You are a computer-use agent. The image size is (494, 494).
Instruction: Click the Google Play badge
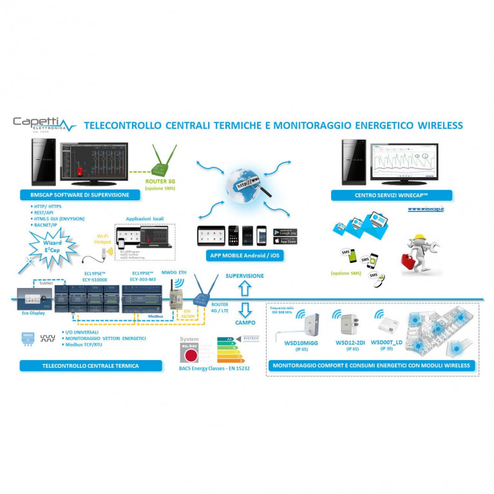(285, 231)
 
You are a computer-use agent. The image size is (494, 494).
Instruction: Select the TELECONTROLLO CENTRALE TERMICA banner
(89, 365)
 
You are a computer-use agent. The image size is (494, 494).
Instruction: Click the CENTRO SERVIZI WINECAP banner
(391, 195)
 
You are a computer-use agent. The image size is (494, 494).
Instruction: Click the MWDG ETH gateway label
(173, 273)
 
